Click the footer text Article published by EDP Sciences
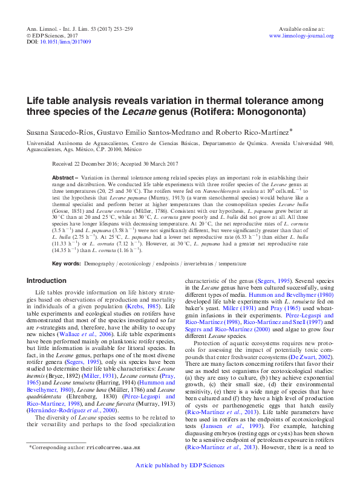[x=180, y=465]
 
